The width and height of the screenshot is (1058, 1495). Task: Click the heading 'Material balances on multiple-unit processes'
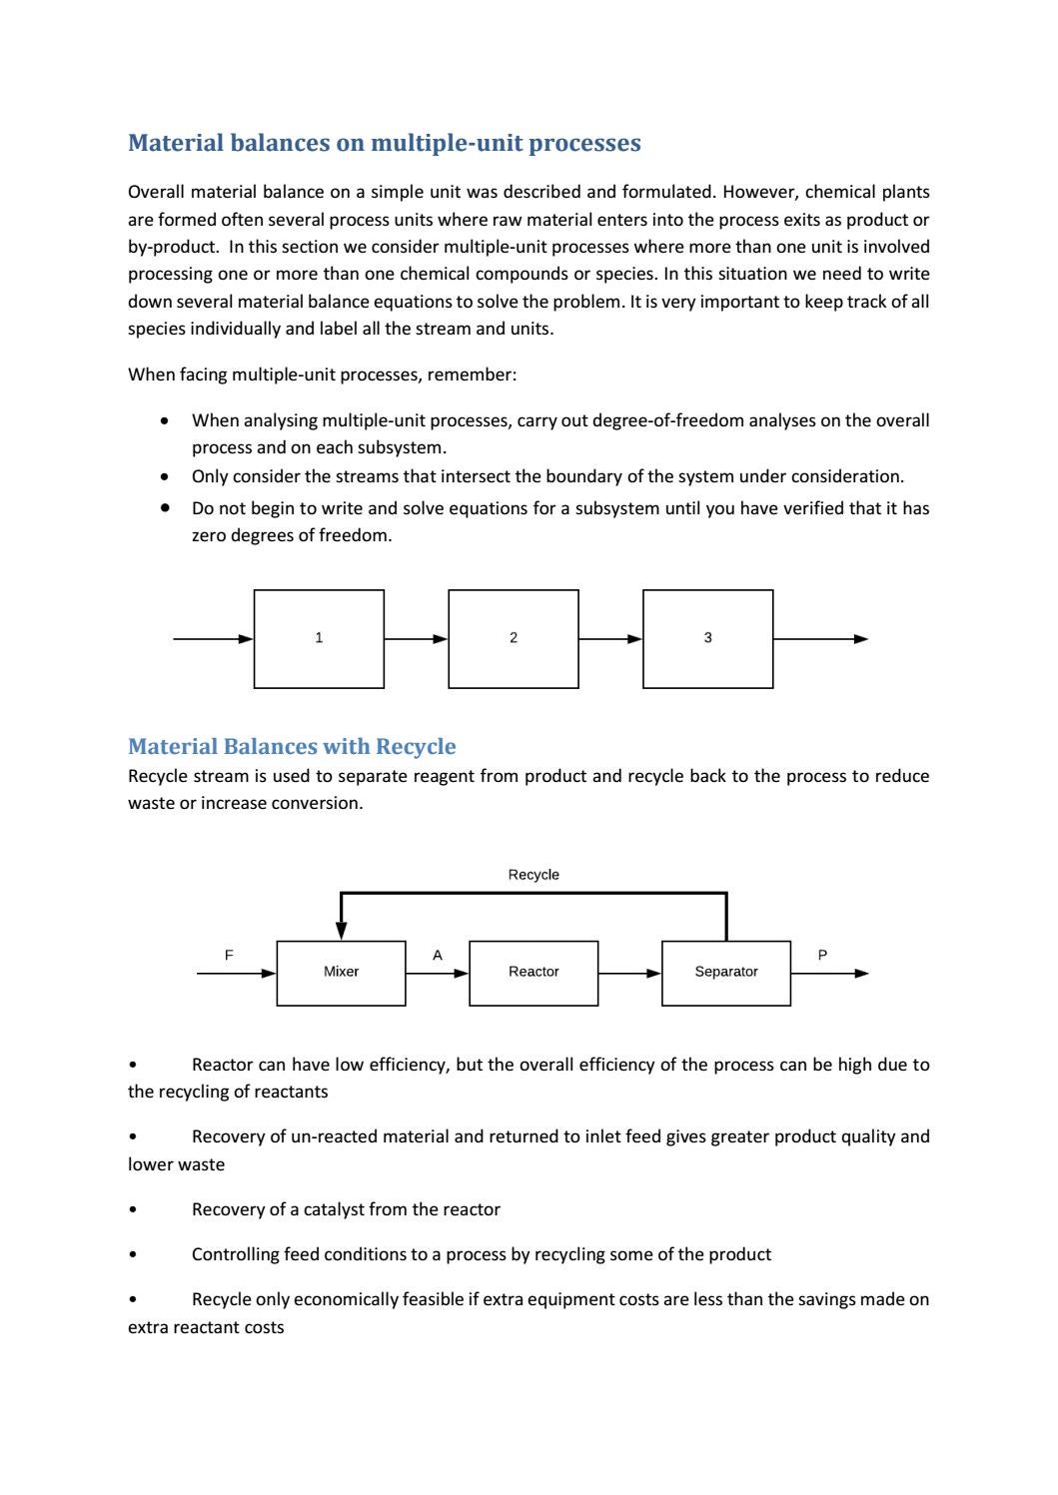coord(384,143)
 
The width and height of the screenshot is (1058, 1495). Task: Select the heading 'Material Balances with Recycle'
coord(292,746)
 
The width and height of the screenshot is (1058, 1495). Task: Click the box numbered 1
coord(319,638)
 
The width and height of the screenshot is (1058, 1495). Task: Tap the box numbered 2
coord(514,638)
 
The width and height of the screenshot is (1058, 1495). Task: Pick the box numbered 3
coord(707,638)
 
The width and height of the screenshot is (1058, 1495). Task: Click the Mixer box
coord(341,972)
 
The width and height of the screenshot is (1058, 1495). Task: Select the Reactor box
coord(533,972)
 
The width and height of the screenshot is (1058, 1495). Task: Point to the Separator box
coord(726,972)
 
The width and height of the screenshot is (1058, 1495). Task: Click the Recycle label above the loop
coord(533,875)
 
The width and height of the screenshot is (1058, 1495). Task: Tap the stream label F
coord(229,955)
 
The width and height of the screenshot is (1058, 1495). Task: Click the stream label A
coord(437,955)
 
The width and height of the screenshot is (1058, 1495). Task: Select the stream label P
coord(822,955)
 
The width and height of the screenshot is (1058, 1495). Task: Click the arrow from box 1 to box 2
coord(416,639)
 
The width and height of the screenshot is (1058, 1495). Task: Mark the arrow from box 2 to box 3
coord(610,639)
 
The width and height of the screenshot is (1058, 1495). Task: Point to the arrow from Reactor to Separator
coord(629,973)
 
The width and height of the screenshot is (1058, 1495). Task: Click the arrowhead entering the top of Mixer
coord(342,930)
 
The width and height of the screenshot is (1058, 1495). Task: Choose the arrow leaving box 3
coord(819,639)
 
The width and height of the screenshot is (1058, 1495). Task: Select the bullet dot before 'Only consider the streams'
coord(164,476)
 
